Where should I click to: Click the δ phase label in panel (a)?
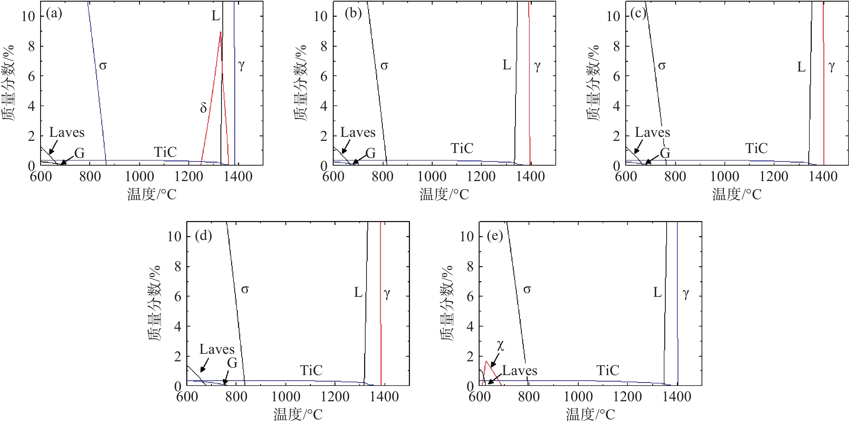203,108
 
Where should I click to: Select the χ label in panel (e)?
500,345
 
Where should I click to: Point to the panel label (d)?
203,236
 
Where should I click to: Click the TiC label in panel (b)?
462,148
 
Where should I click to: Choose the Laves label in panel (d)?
217,349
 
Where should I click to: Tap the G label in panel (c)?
665,153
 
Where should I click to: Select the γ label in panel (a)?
241,65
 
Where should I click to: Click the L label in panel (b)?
506,65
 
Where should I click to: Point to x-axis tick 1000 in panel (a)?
139,176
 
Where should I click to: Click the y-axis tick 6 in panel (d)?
178,296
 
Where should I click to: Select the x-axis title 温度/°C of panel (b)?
444,194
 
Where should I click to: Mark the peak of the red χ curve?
486,361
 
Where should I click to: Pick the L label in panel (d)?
358,292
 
